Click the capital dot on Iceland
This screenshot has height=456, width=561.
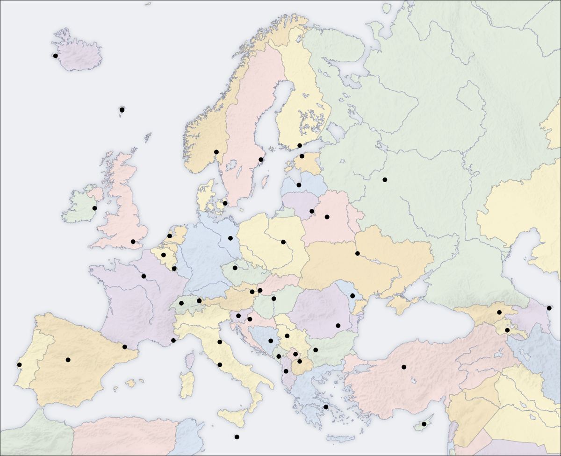pyautogui.click(x=56, y=56)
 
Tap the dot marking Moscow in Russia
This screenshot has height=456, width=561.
pyautogui.click(x=385, y=179)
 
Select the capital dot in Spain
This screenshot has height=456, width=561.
pyautogui.click(x=68, y=360)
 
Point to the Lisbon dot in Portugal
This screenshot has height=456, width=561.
pyautogui.click(x=19, y=365)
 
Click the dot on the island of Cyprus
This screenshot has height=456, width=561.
pyautogui.click(x=424, y=424)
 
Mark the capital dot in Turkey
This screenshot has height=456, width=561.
pyautogui.click(x=403, y=367)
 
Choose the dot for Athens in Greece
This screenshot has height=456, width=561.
pyautogui.click(x=326, y=407)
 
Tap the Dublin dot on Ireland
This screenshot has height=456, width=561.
pyautogui.click(x=94, y=208)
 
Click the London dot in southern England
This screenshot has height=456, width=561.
pyautogui.click(x=133, y=242)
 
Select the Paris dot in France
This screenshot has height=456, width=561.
pyautogui.click(x=144, y=276)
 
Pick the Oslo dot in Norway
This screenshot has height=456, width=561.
pyautogui.click(x=216, y=152)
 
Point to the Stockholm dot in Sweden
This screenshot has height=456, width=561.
pyautogui.click(x=261, y=160)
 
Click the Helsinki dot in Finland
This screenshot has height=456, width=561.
pyautogui.click(x=300, y=146)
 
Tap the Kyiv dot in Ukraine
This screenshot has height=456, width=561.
pyautogui.click(x=357, y=254)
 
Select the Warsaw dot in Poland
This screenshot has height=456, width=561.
pyautogui.click(x=283, y=242)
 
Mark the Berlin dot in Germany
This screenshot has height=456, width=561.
pyautogui.click(x=230, y=238)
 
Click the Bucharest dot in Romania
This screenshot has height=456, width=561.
pyautogui.click(x=338, y=326)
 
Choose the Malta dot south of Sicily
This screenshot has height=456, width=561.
pyautogui.click(x=237, y=437)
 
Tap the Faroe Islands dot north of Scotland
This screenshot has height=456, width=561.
pyautogui.click(x=122, y=110)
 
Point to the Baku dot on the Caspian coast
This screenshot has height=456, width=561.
pyautogui.click(x=549, y=308)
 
